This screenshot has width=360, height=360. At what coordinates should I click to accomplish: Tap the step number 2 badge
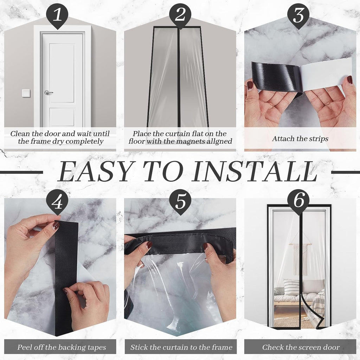coord(180,15)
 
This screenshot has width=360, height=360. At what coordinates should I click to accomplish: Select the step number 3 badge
coord(298,15)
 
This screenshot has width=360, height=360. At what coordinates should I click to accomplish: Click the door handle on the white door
coord(48,92)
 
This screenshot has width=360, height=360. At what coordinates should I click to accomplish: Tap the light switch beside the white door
coord(26,93)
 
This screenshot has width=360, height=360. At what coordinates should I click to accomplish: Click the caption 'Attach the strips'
coord(300,139)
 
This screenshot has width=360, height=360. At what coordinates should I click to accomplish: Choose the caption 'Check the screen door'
coord(301,348)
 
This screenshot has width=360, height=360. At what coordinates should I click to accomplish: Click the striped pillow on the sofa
coord(291,287)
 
